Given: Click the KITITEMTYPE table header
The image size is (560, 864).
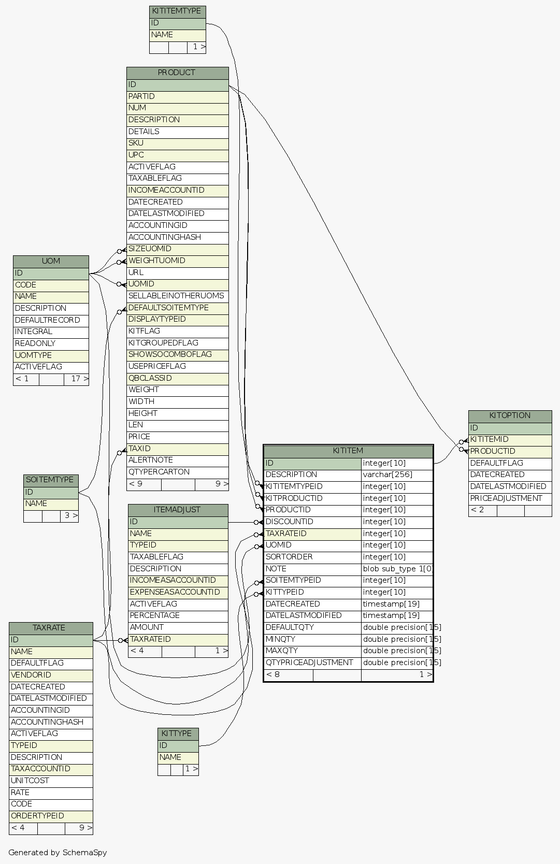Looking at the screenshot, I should coord(177,11).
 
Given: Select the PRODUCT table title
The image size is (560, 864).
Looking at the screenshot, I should coord(177,73).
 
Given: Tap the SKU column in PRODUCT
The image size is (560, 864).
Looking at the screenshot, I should coord(177,143).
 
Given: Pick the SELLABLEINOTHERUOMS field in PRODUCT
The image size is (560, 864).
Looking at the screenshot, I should coord(177,296).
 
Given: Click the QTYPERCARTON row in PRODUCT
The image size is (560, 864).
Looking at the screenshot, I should coord(177,472).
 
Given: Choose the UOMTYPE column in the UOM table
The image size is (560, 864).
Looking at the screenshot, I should coord(51,355).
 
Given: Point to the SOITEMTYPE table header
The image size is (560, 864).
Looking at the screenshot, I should coord(50,480).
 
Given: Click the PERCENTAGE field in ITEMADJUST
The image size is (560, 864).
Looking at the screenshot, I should coord(178,615).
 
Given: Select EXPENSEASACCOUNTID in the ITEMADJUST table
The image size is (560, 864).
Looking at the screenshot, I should coord(178,592).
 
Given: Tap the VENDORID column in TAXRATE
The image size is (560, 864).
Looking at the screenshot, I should coord(51,675).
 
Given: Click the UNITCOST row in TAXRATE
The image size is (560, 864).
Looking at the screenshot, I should coord(51,781).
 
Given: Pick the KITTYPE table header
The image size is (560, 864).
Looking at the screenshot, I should coord(177,733).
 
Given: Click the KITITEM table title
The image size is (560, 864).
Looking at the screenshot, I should coord(348,451).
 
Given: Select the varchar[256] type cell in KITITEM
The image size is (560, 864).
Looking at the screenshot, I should coord(396,474).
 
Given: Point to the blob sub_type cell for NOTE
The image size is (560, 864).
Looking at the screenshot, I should coord(397,569).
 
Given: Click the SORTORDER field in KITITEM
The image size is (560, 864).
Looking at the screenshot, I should coord(312,557).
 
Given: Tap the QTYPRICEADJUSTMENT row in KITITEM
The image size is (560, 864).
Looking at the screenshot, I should coord(312,663).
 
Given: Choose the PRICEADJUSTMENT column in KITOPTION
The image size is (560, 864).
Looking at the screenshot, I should coord(509,498).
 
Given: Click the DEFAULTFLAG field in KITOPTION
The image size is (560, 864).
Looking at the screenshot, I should coord(509,463).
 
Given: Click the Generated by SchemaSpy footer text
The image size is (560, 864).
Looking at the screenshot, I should coord(58,853).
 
